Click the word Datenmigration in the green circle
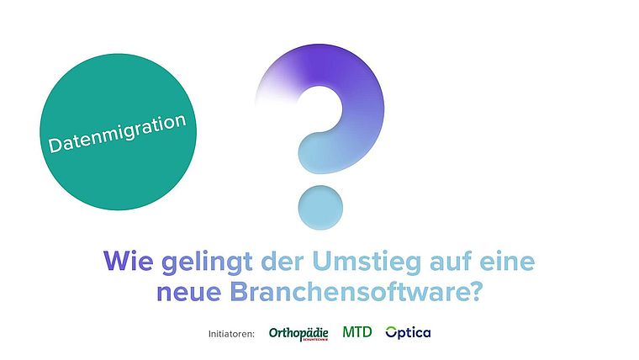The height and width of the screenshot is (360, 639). pyautogui.click(x=118, y=133)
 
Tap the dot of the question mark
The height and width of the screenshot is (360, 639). pyautogui.click(x=320, y=208)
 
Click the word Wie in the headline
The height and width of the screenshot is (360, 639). pyautogui.click(x=129, y=261)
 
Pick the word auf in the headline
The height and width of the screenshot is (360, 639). pyautogui.click(x=450, y=261)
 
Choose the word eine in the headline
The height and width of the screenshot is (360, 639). pyautogui.click(x=506, y=261)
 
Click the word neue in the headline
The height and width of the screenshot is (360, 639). pyautogui.click(x=188, y=293)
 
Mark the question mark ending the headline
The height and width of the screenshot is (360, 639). pyautogui.click(x=473, y=292)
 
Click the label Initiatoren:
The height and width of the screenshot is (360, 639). pyautogui.click(x=231, y=334)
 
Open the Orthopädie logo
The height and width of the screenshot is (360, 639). pyautogui.click(x=298, y=334)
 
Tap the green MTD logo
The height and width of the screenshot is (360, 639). pyautogui.click(x=357, y=332)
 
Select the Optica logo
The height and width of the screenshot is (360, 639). pyautogui.click(x=408, y=333)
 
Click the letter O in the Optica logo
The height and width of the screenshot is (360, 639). pyautogui.click(x=391, y=332)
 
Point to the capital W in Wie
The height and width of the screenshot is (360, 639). pyautogui.click(x=117, y=261)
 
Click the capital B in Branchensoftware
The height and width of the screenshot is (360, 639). pyautogui.click(x=239, y=292)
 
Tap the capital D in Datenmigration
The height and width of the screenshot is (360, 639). pyautogui.click(x=55, y=145)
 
